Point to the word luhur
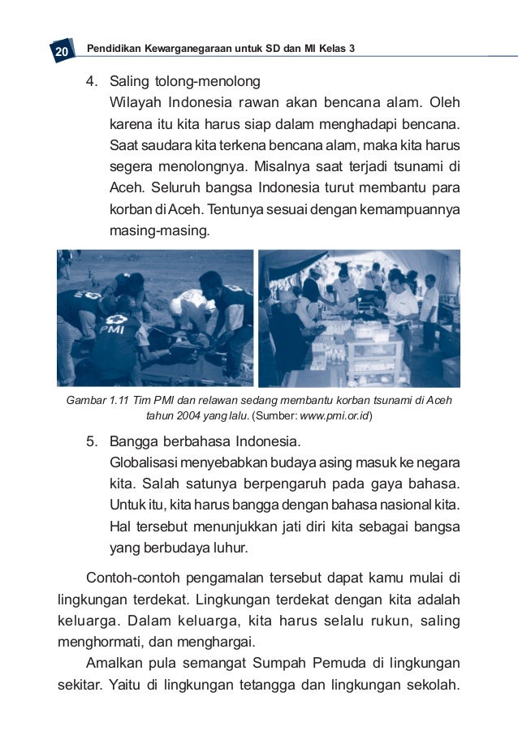coord(231,548)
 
